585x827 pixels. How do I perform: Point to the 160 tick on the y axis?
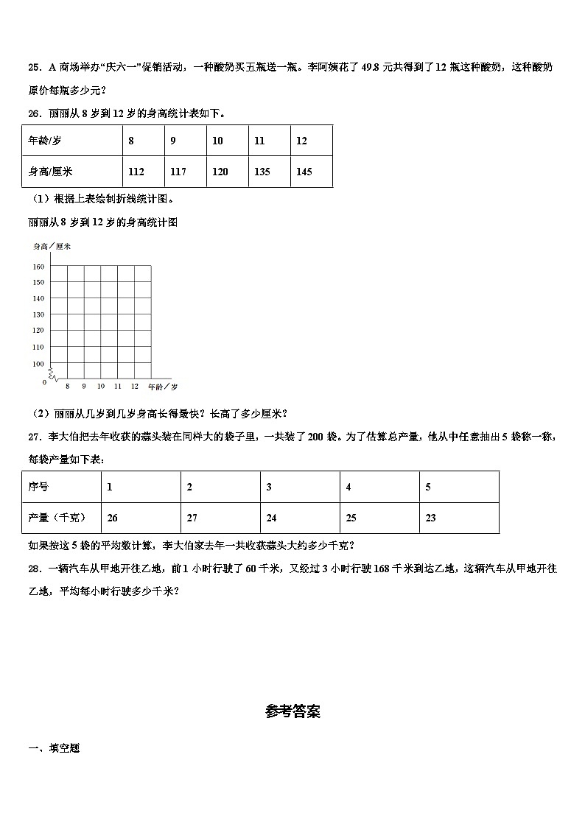tap(38, 267)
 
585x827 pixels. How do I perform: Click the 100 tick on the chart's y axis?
tap(38, 364)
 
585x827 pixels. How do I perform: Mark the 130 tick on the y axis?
tap(38, 315)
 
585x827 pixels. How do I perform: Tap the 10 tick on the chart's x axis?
tap(101, 387)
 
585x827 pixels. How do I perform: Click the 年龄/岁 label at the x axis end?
tap(163, 387)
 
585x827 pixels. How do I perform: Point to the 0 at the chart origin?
tap(44, 381)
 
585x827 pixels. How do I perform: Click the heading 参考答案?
tap(292, 711)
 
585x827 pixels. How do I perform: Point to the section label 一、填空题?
tap(54, 748)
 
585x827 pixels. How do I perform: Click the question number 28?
tap(33, 568)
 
